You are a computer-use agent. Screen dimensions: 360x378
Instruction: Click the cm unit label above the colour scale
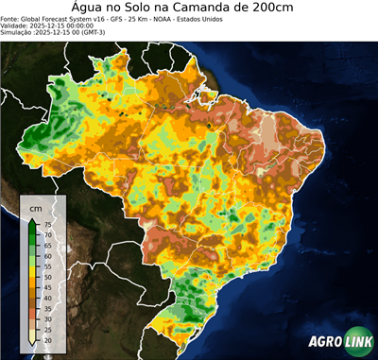[x=36, y=207]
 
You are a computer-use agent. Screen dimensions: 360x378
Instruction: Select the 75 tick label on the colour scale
[x=47, y=224]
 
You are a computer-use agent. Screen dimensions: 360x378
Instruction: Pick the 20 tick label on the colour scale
[x=47, y=337]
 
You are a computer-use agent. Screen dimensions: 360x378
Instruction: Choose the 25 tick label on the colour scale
[x=47, y=327]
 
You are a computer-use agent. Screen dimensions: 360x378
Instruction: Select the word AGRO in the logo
[x=323, y=343]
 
